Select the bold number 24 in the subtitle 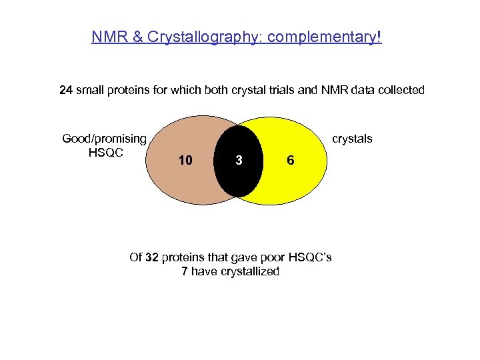[66, 90]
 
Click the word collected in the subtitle [398, 90]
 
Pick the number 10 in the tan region [185, 161]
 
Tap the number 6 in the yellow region [290, 161]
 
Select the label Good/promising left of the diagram [104, 139]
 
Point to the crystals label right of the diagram [352, 139]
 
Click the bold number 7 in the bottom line [185, 271]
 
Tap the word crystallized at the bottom [247, 271]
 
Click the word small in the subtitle [91, 90]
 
